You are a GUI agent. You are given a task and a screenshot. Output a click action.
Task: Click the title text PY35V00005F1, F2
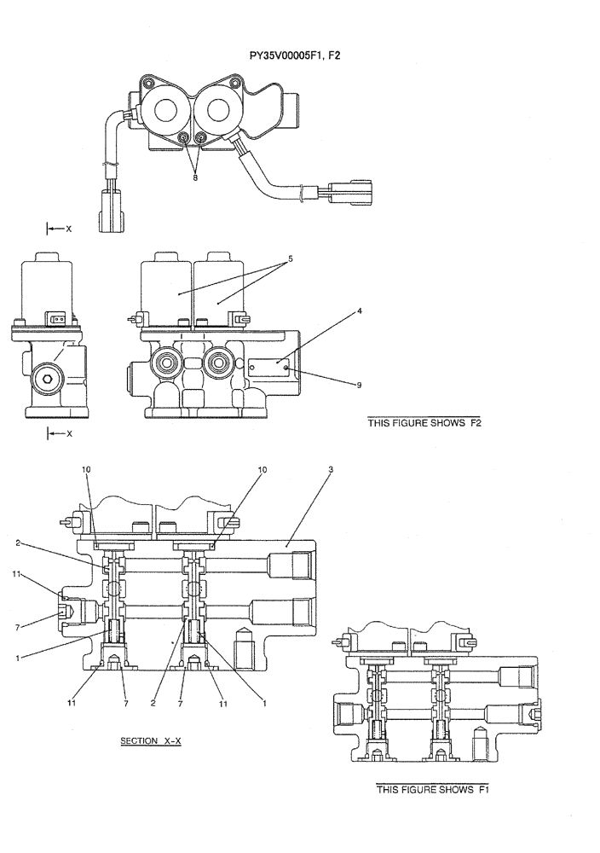coord(295,55)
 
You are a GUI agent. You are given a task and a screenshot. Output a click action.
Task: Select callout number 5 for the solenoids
coord(290,258)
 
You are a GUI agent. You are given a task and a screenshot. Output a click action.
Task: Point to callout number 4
coord(360,311)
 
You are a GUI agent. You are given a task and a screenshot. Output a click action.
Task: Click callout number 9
coord(360,385)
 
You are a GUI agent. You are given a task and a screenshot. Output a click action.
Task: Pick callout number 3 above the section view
coord(331,470)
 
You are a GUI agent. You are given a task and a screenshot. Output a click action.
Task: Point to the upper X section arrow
coord(58,229)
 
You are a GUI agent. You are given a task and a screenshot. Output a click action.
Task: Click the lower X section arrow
coord(58,433)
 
